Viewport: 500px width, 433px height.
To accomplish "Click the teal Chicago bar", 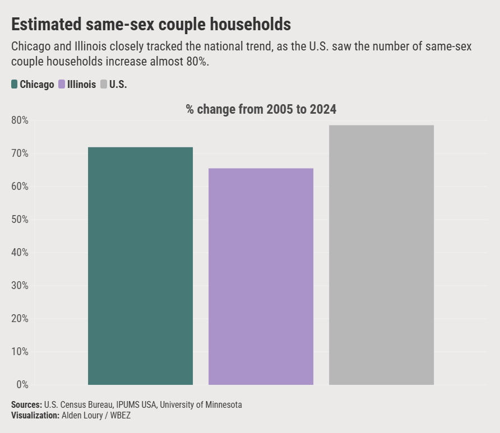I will pos(140,266).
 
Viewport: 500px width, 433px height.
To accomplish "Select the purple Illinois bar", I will pos(261,277).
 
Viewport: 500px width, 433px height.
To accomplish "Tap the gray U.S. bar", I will pos(381,255).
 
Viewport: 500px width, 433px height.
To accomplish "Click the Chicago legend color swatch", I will pos(15,85).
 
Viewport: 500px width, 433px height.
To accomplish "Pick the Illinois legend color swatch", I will pos(62,85).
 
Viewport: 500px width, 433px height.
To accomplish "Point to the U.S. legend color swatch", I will pos(104,85).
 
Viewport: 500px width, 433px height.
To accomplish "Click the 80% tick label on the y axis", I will pos(20,120).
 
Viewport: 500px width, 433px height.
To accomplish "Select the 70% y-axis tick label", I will pos(20,153).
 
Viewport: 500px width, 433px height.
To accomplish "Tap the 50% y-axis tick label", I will pos(20,220).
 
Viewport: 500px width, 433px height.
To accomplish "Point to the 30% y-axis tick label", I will pos(20,286).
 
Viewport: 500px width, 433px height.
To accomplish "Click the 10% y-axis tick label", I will pos(20,352).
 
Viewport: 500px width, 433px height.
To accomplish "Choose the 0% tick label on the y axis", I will pos(22,385).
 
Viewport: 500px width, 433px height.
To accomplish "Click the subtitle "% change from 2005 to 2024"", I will pos(261,109).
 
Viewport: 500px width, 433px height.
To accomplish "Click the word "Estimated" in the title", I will pos(45,25).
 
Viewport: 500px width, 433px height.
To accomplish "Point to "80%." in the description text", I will pos(197,61).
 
